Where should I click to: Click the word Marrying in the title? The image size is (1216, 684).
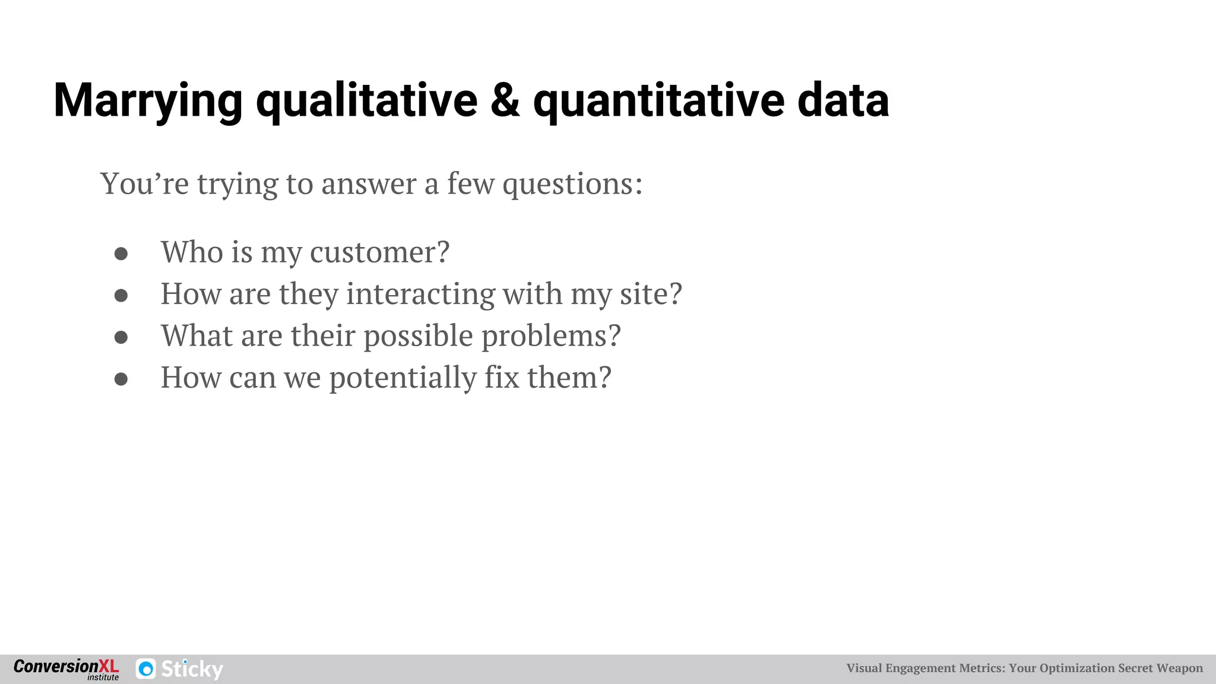[148, 101]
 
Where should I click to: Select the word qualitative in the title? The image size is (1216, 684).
[366, 101]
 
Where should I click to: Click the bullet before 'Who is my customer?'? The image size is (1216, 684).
[121, 254]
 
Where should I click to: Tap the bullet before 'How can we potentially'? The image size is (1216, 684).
[121, 379]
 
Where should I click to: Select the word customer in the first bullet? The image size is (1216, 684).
[379, 252]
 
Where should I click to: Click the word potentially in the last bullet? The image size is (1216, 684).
[403, 378]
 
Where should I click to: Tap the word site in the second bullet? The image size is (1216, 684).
[650, 294]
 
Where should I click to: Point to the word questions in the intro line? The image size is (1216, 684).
[572, 184]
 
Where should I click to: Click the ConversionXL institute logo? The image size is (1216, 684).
[66, 669]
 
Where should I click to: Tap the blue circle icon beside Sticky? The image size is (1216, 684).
[146, 669]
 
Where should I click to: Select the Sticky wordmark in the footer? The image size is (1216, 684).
[192, 669]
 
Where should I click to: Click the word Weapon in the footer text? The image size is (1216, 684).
[1179, 669]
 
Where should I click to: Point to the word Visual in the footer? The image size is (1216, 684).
[864, 669]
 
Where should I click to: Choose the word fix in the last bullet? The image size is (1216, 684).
[502, 378]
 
